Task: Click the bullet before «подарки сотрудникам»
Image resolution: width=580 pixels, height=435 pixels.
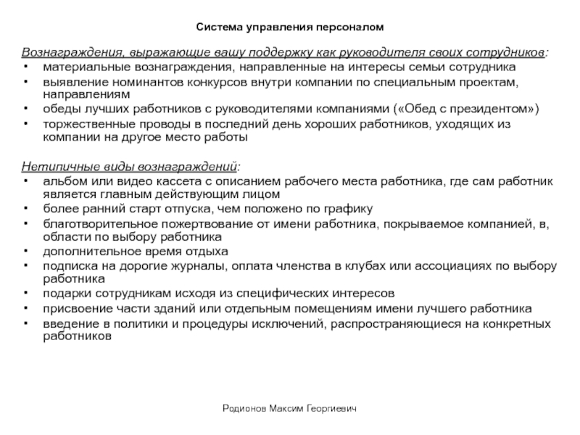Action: tap(26, 294)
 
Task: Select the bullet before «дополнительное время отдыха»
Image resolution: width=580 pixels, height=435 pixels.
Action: tap(26, 252)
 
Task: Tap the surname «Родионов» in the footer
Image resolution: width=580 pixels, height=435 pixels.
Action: tap(244, 410)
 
